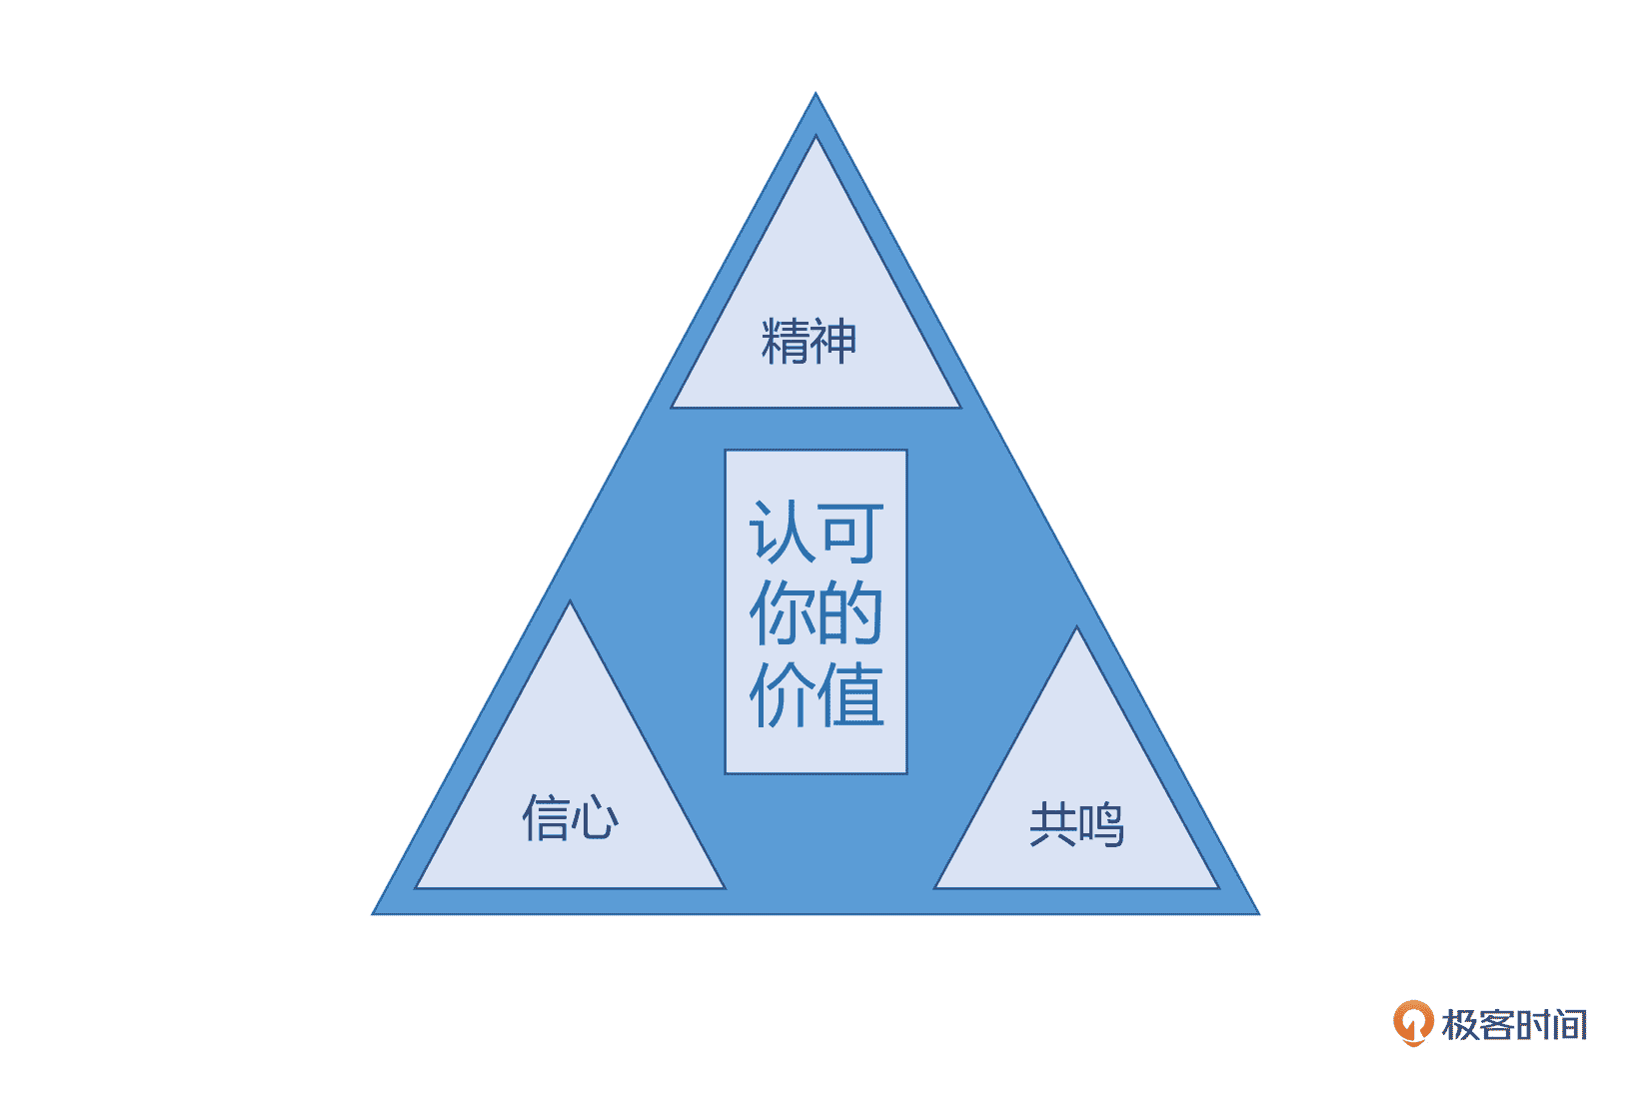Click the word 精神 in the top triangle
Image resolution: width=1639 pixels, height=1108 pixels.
[809, 342]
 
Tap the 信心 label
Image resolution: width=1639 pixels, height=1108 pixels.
[571, 817]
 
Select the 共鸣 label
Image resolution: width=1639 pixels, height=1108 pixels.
[1076, 825]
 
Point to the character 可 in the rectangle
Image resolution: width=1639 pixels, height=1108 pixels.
[850, 532]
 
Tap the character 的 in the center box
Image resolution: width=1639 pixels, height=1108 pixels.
[850, 612]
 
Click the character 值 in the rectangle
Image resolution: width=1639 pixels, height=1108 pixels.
[850, 693]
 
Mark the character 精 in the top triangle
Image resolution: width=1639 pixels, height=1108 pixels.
[785, 342]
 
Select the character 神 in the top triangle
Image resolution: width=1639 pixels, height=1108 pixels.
[832, 342]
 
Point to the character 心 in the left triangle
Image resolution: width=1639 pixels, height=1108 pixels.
[596, 817]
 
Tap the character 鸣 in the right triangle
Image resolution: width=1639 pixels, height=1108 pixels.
[1100, 825]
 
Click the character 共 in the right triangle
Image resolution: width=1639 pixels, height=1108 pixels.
[1052, 825]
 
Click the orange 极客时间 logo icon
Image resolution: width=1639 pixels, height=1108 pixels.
[1413, 1023]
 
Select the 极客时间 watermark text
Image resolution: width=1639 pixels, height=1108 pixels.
[1514, 1025]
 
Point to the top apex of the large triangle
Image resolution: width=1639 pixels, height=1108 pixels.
[816, 96]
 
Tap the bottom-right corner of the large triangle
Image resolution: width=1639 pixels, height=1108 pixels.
[1256, 912]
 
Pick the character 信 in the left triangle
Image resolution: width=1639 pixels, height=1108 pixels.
[546, 817]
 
